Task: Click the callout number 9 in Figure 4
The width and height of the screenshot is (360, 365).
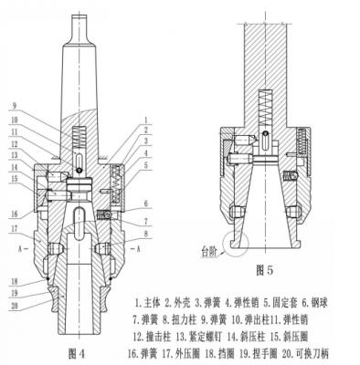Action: pos(15,106)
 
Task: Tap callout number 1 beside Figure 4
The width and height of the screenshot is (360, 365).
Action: pos(146,119)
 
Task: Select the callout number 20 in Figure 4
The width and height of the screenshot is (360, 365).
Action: pos(15,306)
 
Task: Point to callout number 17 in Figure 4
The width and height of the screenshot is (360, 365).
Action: pos(15,228)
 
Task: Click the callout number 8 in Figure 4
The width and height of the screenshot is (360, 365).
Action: pos(146,234)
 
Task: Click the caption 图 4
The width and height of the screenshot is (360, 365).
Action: pos(76,353)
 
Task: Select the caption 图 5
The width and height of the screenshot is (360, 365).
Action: pos(265,270)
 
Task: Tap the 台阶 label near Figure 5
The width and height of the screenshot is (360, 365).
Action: pos(210,253)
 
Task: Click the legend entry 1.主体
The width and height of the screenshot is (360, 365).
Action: pos(148,302)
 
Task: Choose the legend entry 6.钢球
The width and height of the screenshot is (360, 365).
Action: pos(314,302)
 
